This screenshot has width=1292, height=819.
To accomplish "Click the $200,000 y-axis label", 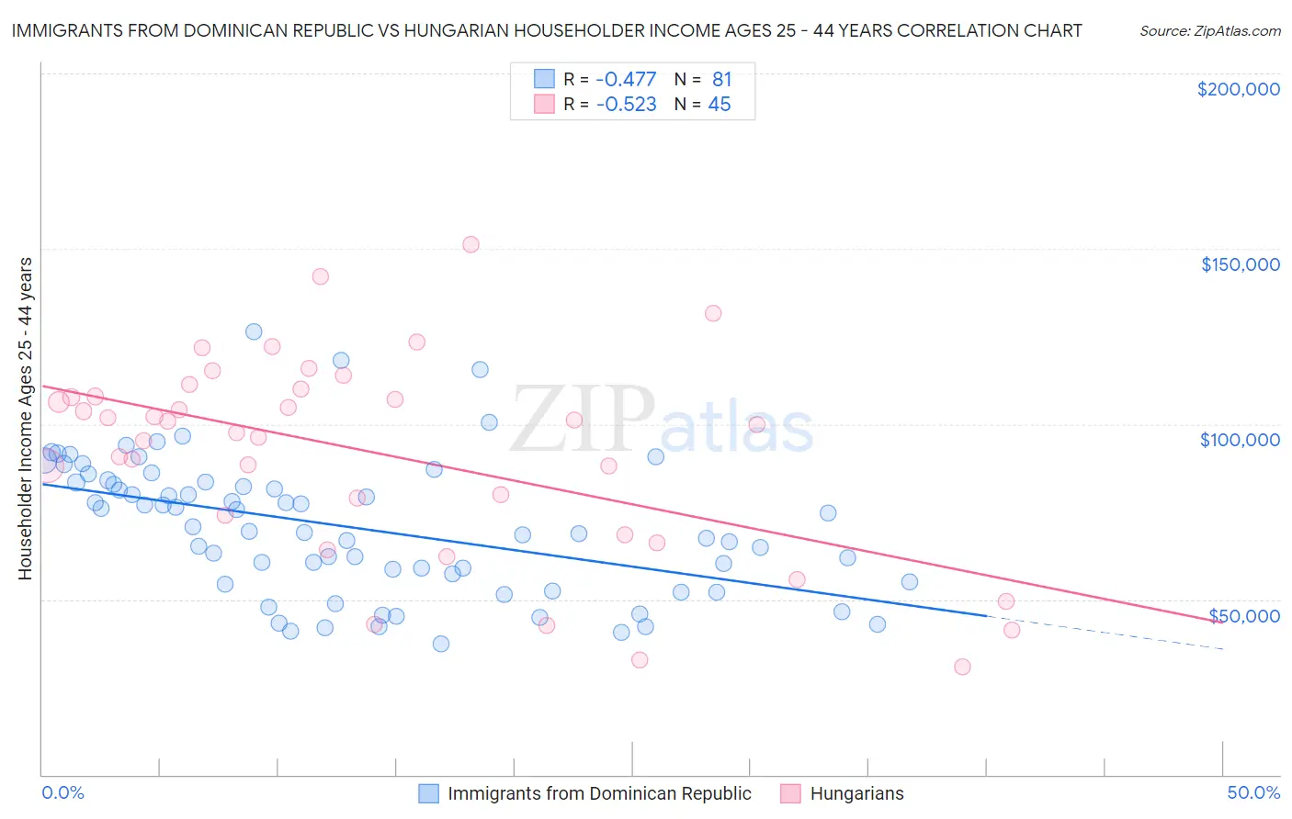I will (x=1238, y=89).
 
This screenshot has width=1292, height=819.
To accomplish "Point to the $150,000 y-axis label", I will (x=1240, y=264).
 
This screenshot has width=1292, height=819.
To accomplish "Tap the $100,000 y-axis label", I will (x=1240, y=440).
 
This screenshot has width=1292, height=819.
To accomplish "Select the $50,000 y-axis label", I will (x=1244, y=616).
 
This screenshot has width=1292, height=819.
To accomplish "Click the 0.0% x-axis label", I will (x=62, y=793).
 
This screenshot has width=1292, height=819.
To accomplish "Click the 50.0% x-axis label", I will (x=1253, y=793).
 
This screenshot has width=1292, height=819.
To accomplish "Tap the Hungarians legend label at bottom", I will (x=856, y=794).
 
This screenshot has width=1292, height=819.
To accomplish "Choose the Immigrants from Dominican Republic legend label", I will (x=599, y=794).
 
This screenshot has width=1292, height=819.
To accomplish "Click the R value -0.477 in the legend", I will (x=626, y=80).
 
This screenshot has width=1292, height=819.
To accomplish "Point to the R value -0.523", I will (x=626, y=105).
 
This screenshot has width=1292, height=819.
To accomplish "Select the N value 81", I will (x=721, y=80).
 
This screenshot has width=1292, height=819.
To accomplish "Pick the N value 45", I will (x=719, y=105).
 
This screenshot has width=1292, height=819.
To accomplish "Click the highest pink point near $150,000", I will (x=470, y=244).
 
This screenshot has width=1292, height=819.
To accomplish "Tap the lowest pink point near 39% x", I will (x=962, y=667).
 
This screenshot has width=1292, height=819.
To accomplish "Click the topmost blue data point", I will (x=254, y=331).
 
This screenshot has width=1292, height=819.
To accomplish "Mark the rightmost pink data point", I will (x=1012, y=630).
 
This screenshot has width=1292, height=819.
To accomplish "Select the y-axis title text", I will (x=25, y=419).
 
